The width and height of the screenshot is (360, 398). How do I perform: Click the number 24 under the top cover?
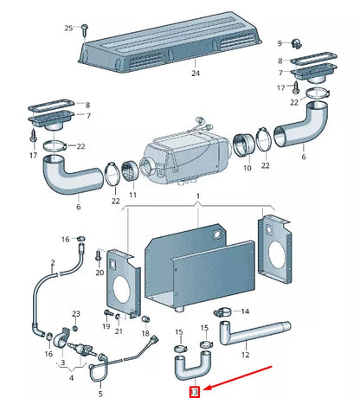tap(196, 74)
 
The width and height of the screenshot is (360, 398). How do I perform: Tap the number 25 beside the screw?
tap(69, 29)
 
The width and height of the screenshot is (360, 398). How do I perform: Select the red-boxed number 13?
tap(195, 392)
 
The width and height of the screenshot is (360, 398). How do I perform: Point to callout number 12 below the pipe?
tap(245, 354)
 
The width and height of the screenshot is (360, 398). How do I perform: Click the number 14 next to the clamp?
tap(245, 311)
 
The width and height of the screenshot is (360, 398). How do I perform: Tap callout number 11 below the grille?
tap(132, 196)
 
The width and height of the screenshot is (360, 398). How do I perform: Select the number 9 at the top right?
tap(280, 42)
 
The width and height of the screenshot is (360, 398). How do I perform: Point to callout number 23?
tap(75, 313)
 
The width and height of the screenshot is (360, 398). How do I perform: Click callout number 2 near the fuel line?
tap(52, 261)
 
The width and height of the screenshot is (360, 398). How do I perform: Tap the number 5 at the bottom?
tap(100, 394)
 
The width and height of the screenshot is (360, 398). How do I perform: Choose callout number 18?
tap(145, 332)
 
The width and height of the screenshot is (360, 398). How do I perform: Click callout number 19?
tap(105, 327)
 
